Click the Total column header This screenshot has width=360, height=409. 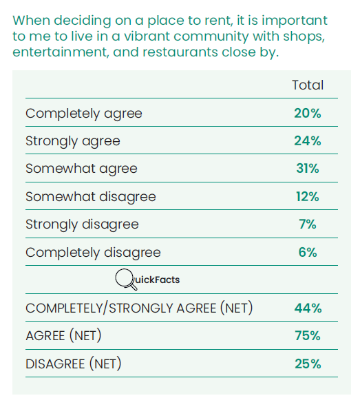(308, 85)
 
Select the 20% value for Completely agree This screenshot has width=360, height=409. (308, 113)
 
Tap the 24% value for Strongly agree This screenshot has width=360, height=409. (308, 141)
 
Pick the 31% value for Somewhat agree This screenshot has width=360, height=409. (308, 168)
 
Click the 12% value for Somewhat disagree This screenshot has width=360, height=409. (308, 196)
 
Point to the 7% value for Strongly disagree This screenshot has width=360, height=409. (308, 224)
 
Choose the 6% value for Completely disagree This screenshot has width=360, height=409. (308, 252)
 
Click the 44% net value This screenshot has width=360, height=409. (308, 308)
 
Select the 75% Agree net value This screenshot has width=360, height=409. (308, 336)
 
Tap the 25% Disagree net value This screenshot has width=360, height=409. (308, 364)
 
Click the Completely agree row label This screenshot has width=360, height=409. (84, 114)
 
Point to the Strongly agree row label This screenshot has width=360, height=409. (73, 142)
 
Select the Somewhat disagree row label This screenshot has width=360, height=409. (91, 197)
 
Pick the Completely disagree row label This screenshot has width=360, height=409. (93, 253)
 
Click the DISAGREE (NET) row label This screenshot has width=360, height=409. (74, 364)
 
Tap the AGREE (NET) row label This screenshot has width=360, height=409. (63, 335)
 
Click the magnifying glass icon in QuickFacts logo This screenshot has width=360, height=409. (125, 279)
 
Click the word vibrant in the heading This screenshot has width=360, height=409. (147, 36)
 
